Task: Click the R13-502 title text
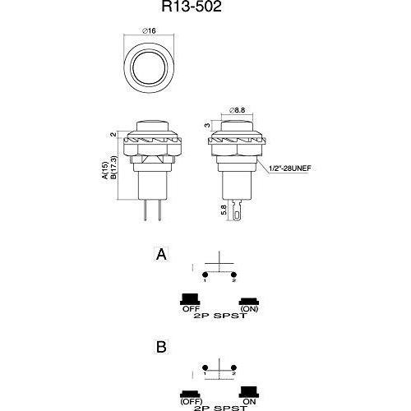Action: point(192,7)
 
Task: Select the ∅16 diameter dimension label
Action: point(149,30)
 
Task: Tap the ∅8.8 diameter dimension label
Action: point(237,110)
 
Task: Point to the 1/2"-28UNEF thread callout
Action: point(290,169)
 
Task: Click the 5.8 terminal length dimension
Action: point(224,210)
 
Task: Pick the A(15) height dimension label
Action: point(105,171)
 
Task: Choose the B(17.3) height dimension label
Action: point(113,168)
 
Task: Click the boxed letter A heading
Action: point(161,254)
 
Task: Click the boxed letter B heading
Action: point(161,347)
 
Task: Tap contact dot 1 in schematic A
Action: point(205,275)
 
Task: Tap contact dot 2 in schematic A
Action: point(233,275)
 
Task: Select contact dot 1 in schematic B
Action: point(205,367)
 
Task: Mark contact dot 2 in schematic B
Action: point(233,367)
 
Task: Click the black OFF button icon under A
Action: point(190,299)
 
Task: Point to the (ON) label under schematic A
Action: point(249,309)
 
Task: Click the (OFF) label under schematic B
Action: point(192,402)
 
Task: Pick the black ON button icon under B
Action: point(249,392)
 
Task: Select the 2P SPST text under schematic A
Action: point(220,316)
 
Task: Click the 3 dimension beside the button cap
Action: point(207,125)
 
